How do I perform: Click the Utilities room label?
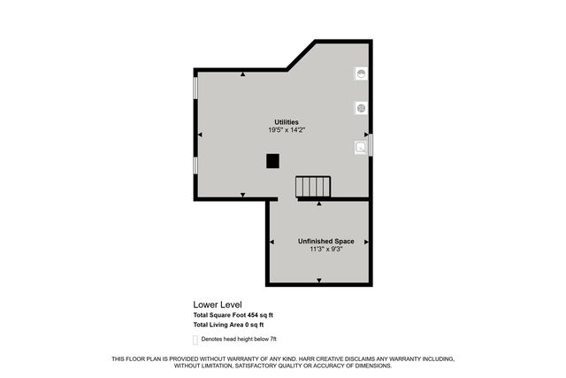(286, 122)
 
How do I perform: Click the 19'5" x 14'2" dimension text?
(286, 130)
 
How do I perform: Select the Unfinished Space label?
(319, 241)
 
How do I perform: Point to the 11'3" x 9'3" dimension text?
(319, 250)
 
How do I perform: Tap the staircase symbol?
(313, 187)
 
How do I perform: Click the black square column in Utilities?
(273, 160)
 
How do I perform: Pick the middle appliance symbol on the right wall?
(361, 108)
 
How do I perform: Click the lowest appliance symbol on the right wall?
(361, 147)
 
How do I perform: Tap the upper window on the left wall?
(195, 89)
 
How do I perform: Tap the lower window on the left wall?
(195, 165)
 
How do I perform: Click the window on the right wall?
(371, 144)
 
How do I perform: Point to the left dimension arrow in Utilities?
(201, 135)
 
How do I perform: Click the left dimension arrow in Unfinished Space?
(271, 241)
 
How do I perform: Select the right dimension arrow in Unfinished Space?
(366, 241)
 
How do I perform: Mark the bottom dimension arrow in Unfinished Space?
(319, 281)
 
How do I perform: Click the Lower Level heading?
(217, 305)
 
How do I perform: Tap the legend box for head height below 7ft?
(195, 339)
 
